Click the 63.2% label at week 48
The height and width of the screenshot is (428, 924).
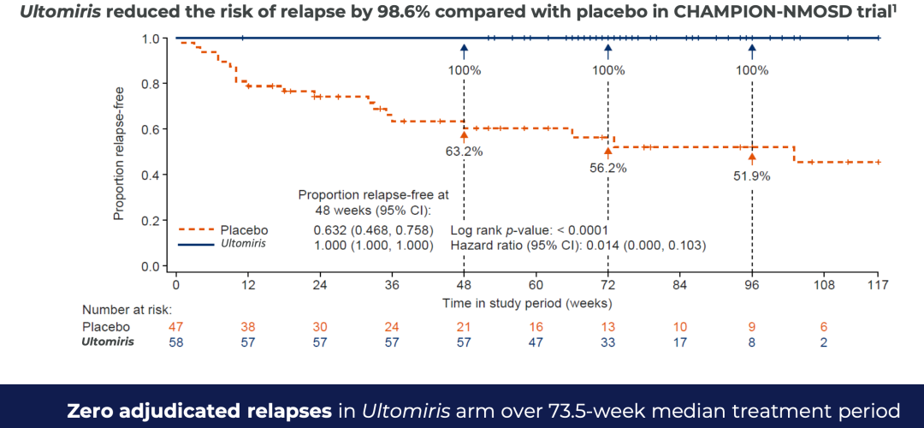(464, 152)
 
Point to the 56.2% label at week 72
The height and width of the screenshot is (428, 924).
(608, 168)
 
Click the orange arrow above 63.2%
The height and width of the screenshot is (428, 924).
(464, 134)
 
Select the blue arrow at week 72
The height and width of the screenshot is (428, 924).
(608, 51)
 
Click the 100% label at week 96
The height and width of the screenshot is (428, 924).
(752, 70)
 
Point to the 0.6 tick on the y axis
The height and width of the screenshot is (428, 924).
(152, 129)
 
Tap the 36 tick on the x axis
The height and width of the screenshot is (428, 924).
(392, 284)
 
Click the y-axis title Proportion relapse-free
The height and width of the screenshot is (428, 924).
(121, 152)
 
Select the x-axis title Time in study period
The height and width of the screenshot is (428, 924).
(526, 303)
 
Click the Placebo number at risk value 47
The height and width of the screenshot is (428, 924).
(175, 326)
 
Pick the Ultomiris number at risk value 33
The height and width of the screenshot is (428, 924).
(608, 342)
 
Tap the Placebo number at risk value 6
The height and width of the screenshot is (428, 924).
(824, 326)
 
